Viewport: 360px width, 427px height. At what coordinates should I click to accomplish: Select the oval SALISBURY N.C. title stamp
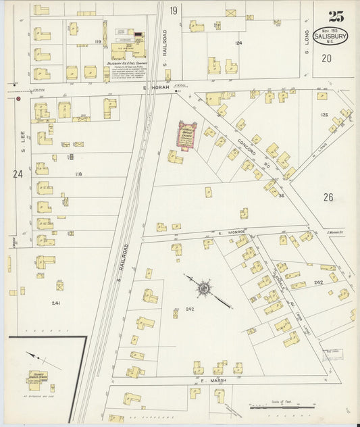tap(331, 36)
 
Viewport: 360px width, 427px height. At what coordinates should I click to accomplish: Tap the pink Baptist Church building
tap(187, 134)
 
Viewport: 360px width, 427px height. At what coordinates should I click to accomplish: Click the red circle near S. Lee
tap(18, 99)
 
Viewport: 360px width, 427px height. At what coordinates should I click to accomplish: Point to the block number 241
tap(56, 303)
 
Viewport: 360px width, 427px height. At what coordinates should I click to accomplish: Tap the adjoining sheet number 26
tap(328, 197)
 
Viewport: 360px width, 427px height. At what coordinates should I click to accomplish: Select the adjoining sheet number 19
tap(174, 10)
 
